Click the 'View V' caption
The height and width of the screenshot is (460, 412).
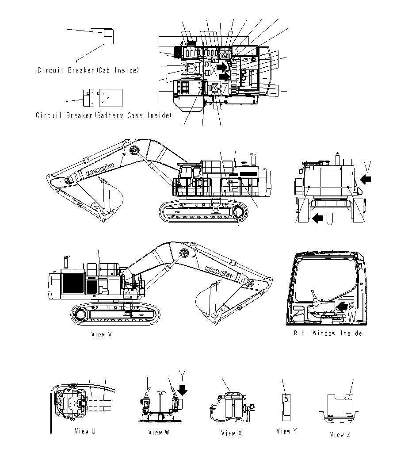(101, 334)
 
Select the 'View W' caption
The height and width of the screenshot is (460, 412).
(158, 433)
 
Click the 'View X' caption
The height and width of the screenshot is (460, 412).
(231, 433)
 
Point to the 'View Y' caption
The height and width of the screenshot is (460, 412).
(286, 431)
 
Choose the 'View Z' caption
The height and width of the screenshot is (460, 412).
(340, 434)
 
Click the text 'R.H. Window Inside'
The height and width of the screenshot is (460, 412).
(328, 333)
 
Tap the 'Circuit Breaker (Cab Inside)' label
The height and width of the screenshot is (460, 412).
(88, 70)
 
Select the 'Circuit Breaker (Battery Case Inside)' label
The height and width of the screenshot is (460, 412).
(103, 115)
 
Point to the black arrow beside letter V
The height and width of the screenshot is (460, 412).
(366, 179)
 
